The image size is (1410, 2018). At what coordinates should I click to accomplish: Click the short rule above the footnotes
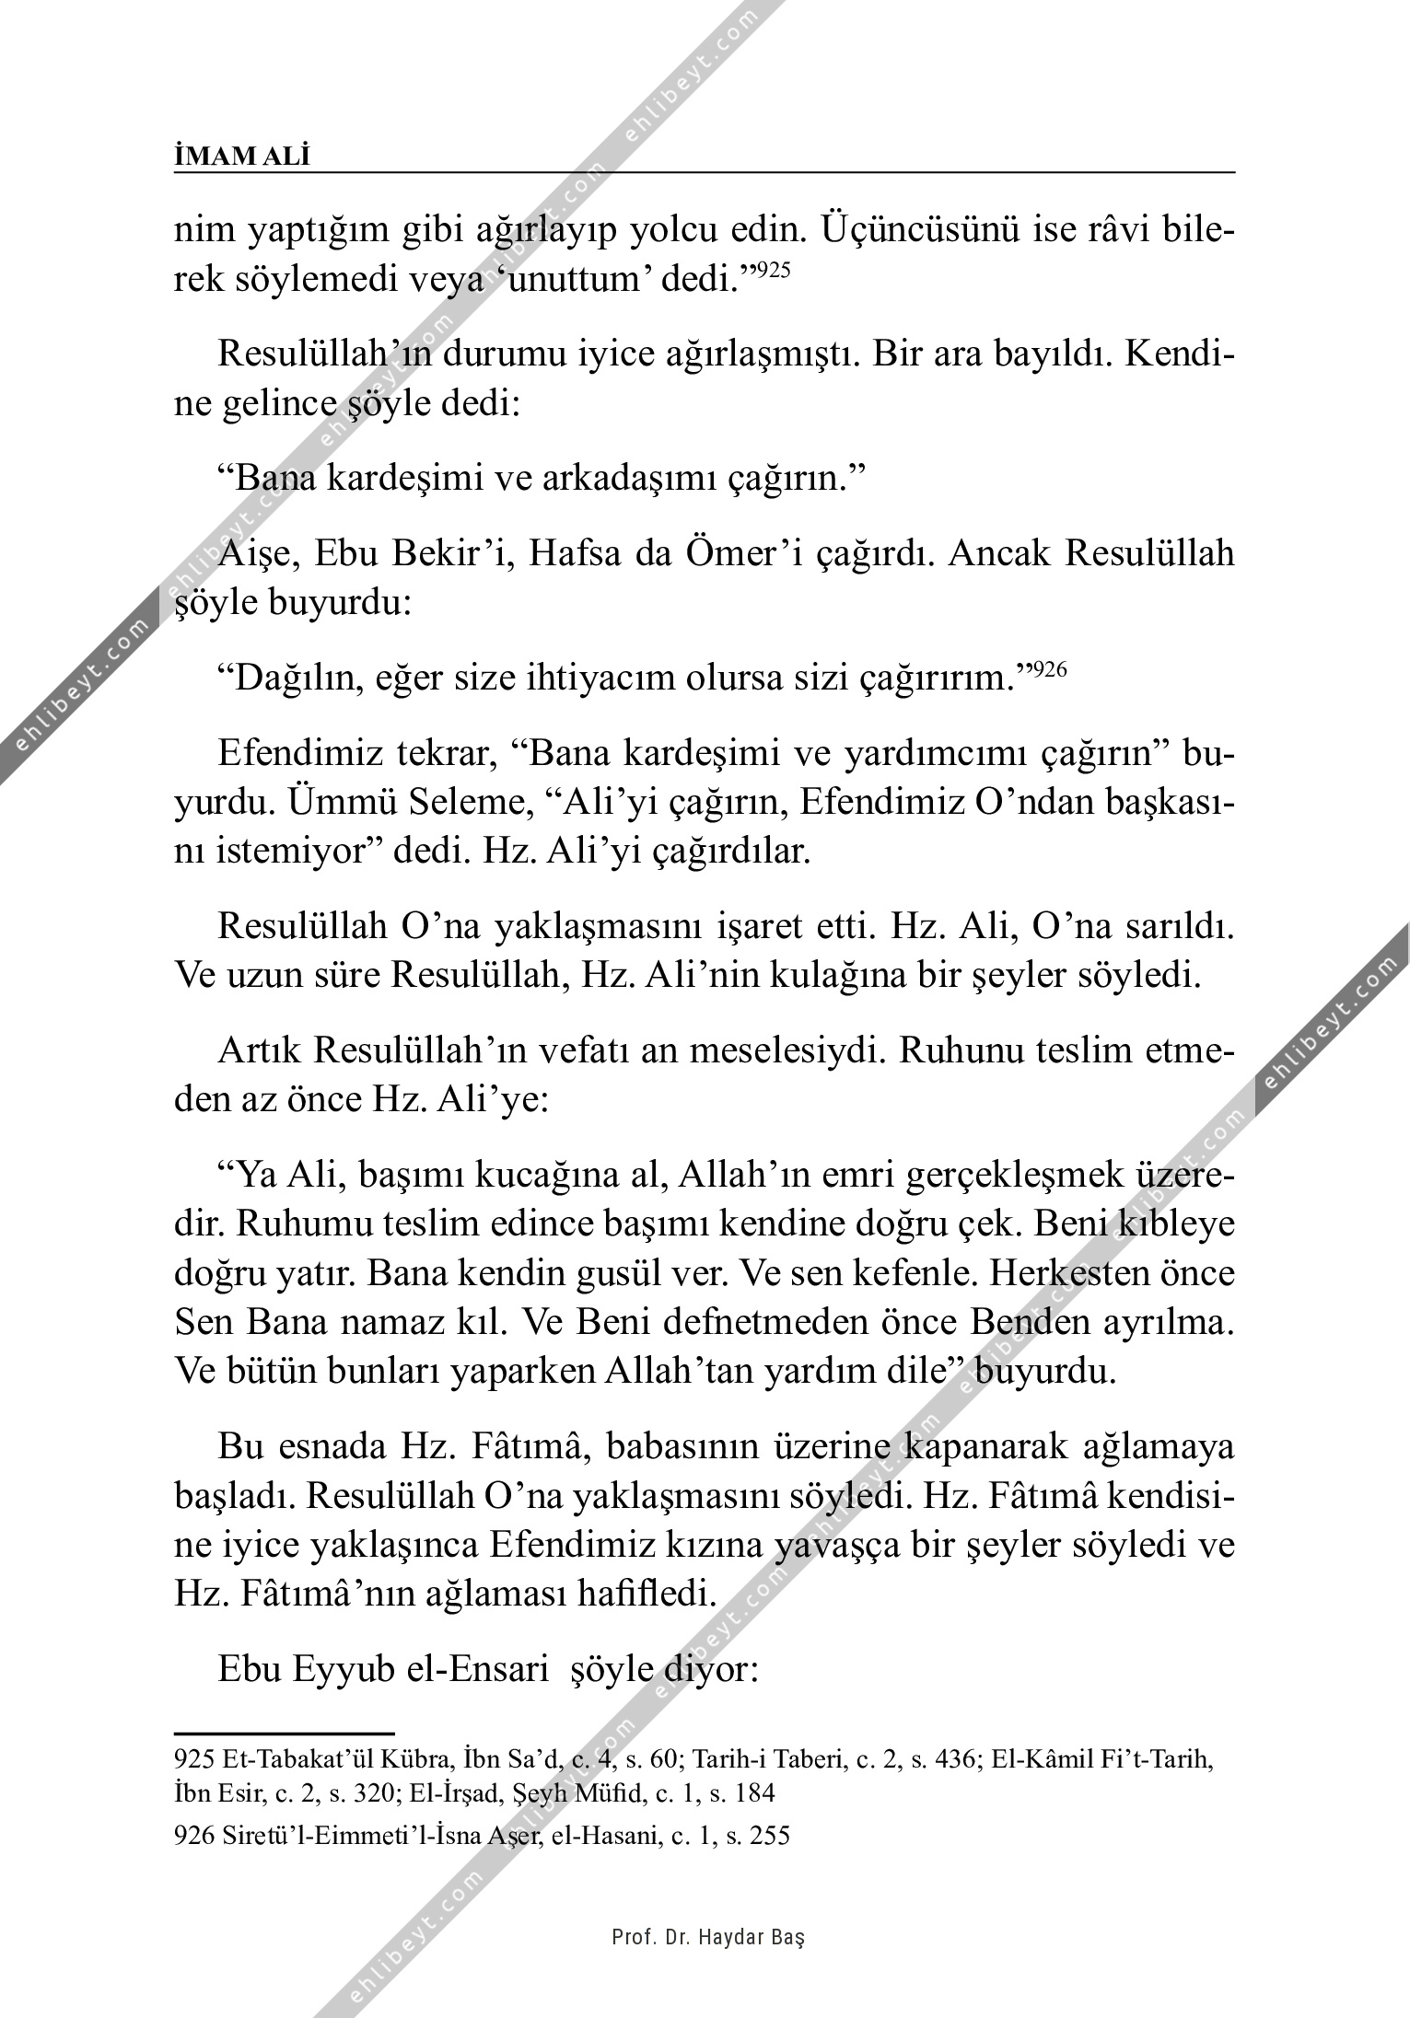click(284, 1734)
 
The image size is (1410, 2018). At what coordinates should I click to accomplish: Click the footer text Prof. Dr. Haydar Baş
click(708, 1937)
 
